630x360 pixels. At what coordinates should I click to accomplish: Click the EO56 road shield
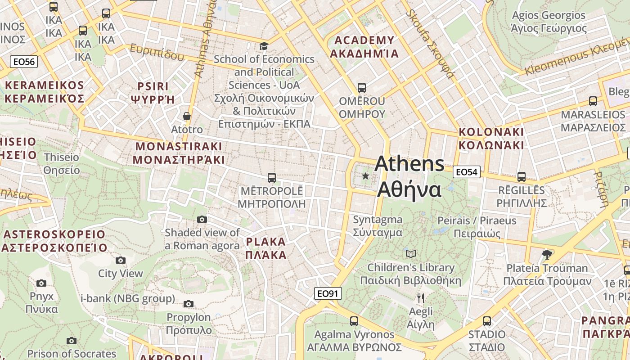pyautogui.click(x=24, y=62)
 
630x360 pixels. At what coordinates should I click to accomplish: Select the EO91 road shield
pyautogui.click(x=327, y=294)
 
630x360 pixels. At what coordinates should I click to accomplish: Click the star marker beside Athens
pyautogui.click(x=365, y=176)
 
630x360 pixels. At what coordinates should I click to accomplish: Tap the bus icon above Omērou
pyautogui.click(x=362, y=87)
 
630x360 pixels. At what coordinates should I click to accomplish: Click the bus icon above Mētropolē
pyautogui.click(x=271, y=177)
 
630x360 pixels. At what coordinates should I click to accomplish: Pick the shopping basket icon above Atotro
pyautogui.click(x=187, y=116)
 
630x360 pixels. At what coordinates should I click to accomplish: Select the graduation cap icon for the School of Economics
pyautogui.click(x=264, y=46)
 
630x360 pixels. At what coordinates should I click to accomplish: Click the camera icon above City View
pyautogui.click(x=120, y=260)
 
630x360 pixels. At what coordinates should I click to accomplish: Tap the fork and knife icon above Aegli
pyautogui.click(x=421, y=298)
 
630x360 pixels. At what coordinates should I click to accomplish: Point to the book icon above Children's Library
pyautogui.click(x=410, y=254)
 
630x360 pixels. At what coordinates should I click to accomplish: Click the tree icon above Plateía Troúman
pyautogui.click(x=547, y=255)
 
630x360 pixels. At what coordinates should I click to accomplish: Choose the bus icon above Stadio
pyautogui.click(x=486, y=321)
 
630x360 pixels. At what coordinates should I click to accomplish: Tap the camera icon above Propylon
pyautogui.click(x=189, y=304)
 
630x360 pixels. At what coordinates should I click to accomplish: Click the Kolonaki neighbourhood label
pyautogui.click(x=491, y=139)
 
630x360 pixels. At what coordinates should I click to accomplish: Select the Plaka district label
pyautogui.click(x=266, y=248)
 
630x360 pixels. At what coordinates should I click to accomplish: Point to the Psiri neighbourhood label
pyautogui.click(x=153, y=93)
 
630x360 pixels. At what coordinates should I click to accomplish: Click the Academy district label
pyautogui.click(x=364, y=47)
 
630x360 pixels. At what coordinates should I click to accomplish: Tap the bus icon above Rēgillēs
pyautogui.click(x=522, y=177)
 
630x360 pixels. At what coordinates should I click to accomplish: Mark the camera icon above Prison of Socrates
pyautogui.click(x=72, y=341)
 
